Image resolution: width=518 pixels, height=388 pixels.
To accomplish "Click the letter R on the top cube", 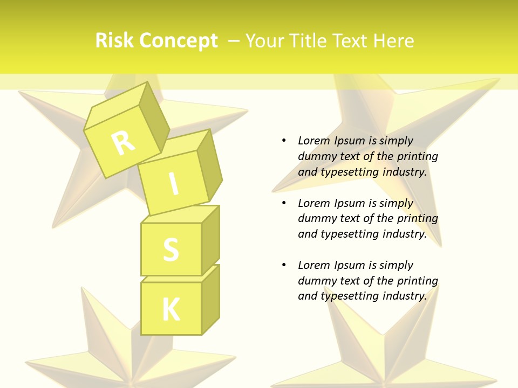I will (x=123, y=143).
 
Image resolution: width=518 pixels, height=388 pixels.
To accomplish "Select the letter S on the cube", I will (x=171, y=249).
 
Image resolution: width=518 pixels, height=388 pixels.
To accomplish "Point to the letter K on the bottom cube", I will (x=171, y=309).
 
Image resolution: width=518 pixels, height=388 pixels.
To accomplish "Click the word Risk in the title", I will (x=114, y=41).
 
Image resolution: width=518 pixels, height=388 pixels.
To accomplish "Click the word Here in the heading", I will (x=394, y=41).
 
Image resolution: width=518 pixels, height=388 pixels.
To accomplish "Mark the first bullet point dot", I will (x=284, y=141).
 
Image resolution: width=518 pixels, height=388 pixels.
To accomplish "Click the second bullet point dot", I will (x=284, y=203).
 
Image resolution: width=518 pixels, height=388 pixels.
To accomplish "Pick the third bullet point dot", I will (x=284, y=265).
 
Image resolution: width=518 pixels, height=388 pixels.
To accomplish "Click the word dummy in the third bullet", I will (x=316, y=280).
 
